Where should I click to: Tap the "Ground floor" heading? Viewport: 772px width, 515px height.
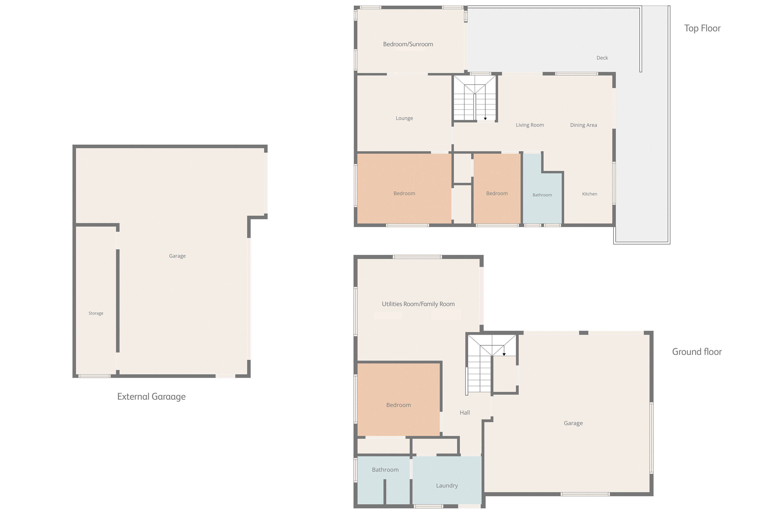tap(697, 352)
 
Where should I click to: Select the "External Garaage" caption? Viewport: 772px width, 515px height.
tap(151, 397)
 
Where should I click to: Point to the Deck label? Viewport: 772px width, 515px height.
tap(602, 58)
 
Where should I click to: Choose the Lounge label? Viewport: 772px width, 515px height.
tap(404, 118)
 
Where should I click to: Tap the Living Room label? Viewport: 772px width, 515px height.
tap(530, 125)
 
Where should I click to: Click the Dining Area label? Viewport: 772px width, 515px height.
tap(583, 125)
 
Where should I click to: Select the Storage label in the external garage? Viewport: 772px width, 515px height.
tap(96, 313)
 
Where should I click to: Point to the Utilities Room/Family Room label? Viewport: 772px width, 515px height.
tap(418, 304)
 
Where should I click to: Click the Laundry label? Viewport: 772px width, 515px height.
tap(447, 486)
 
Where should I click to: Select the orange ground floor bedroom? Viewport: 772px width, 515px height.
tap(398, 399)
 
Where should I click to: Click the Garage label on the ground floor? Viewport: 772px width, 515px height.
tap(573, 423)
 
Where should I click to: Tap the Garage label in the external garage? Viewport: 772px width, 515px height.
tap(177, 256)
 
